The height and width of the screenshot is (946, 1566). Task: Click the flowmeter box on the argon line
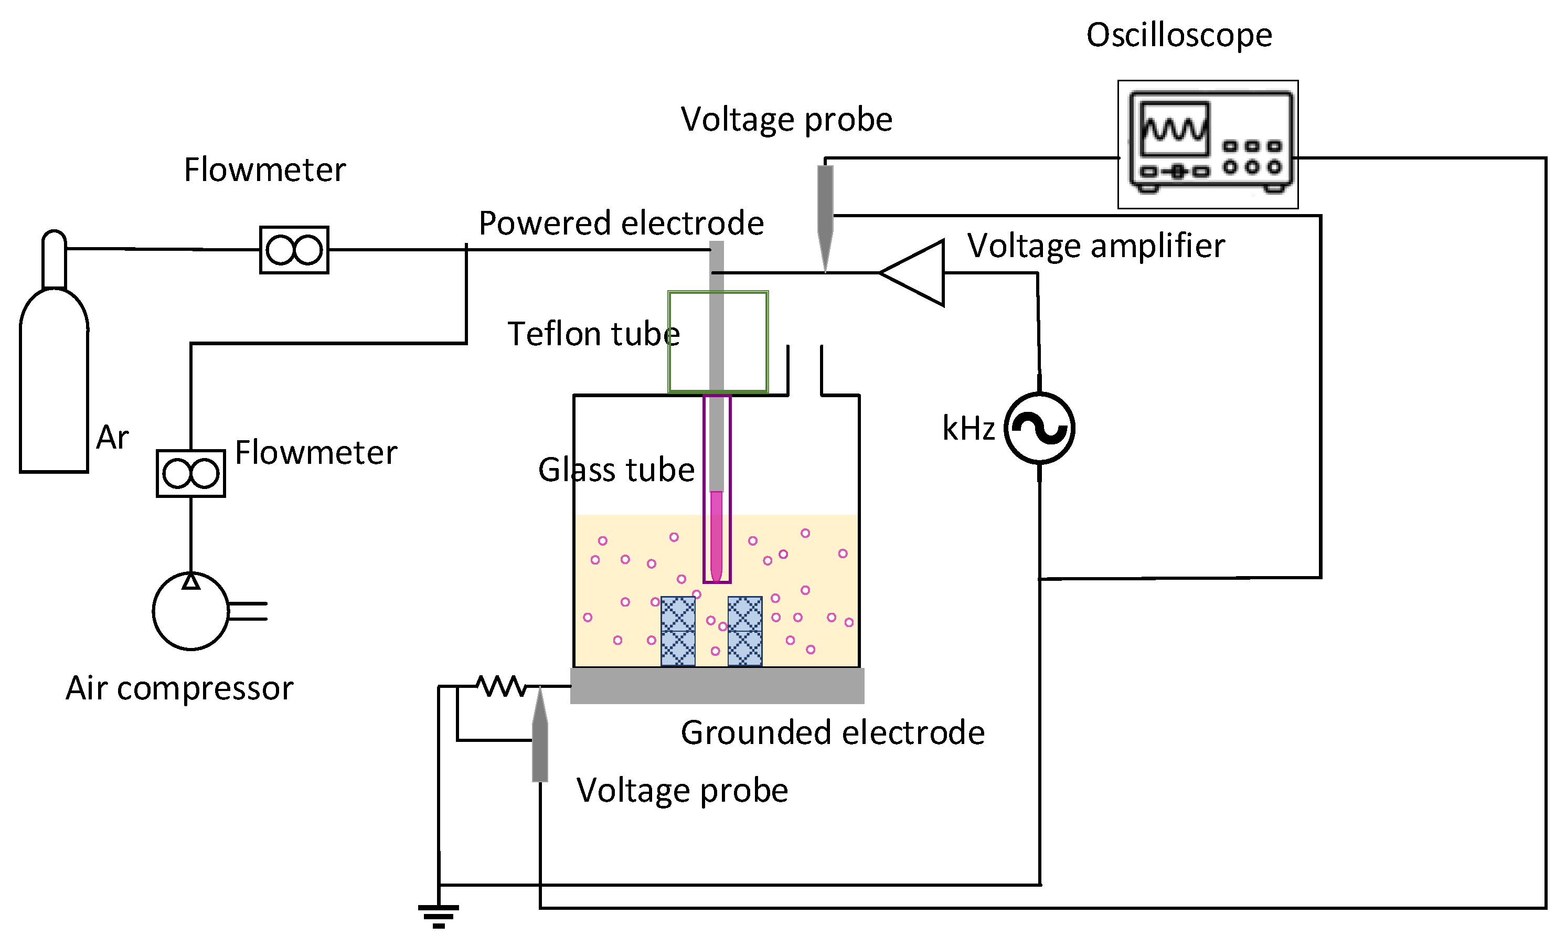(x=295, y=250)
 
